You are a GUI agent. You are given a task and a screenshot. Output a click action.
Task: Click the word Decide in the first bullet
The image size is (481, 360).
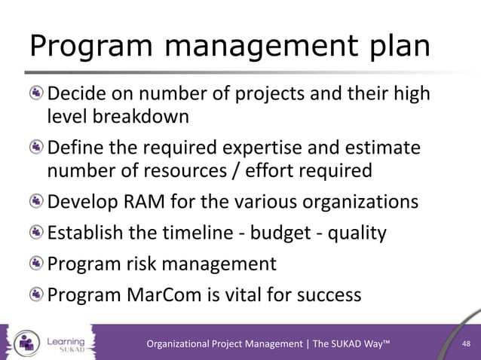[x=78, y=94]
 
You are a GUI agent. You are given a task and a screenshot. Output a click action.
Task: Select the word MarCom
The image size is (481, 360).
[x=169, y=295]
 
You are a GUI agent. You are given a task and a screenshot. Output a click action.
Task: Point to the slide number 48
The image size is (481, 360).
[x=466, y=344]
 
